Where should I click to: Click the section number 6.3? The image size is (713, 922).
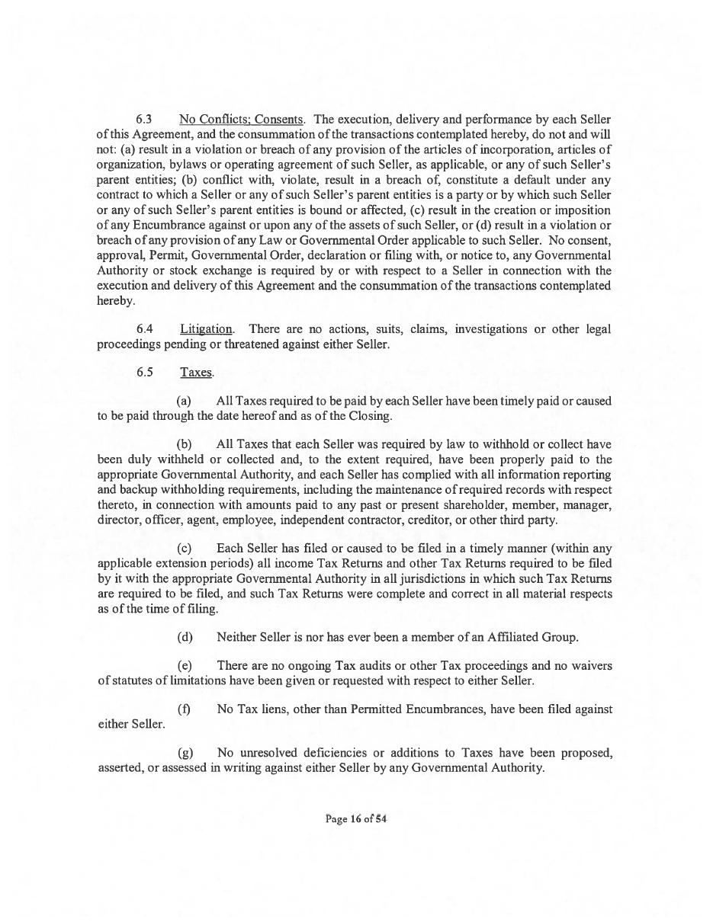(x=144, y=120)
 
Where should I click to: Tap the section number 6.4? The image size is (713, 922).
(x=144, y=329)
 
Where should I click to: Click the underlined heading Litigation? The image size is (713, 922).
(x=206, y=329)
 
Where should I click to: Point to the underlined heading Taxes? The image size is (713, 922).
(x=196, y=373)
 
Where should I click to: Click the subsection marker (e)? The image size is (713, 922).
(x=185, y=666)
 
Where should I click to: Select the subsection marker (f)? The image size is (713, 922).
(x=184, y=709)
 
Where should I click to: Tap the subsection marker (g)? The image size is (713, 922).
(x=185, y=753)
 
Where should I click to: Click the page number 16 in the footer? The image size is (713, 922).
(x=355, y=819)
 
